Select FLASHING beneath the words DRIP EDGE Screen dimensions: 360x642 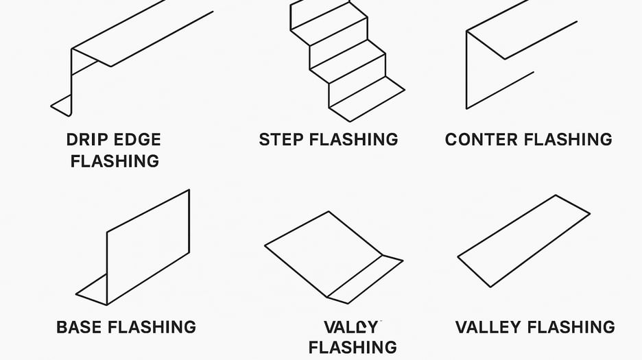[x=115, y=161]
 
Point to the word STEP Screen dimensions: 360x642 [x=281, y=140]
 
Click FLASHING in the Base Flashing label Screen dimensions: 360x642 [x=152, y=327]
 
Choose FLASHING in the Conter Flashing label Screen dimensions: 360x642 [x=569, y=140]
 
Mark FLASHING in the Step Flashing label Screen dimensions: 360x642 [x=354, y=140]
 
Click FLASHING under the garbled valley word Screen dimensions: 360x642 [x=353, y=347]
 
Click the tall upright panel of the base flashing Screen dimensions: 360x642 [x=147, y=247]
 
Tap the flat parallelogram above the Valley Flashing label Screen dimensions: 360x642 [x=523, y=240]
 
